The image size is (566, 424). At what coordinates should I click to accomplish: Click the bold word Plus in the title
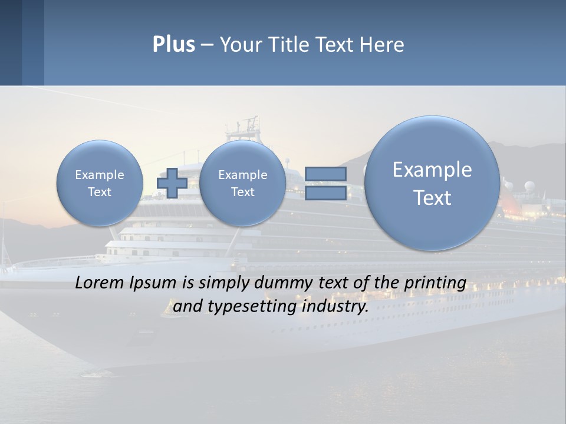point(173,45)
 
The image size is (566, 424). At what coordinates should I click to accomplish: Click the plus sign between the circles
point(172,183)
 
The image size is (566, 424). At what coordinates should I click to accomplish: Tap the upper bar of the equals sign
point(325,174)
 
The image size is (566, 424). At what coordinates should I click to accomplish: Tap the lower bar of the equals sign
point(325,193)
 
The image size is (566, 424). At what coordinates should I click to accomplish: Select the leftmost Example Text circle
point(99,183)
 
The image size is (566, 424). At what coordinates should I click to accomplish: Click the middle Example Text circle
point(242,183)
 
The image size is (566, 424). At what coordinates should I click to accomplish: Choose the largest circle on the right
point(432,183)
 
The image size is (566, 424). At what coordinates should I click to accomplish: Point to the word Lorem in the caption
point(101,283)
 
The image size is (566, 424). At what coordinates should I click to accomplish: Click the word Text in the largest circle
point(432,198)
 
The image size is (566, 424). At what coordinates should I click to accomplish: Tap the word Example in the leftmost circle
point(100,175)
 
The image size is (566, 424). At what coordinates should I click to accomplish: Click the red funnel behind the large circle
point(508,203)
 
